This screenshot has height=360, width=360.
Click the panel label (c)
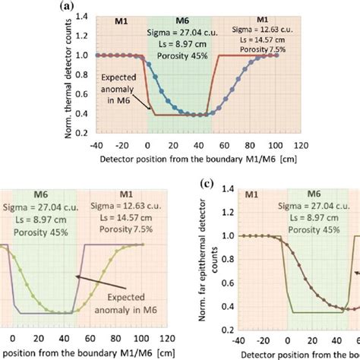[x=203, y=185]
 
